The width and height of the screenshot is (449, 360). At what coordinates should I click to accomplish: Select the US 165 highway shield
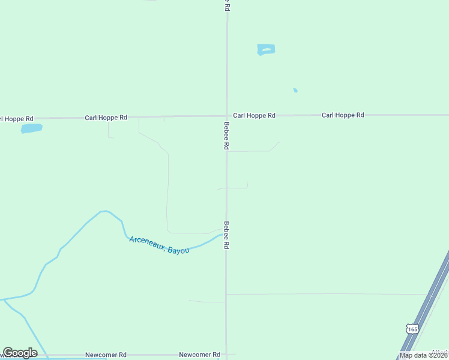(412, 329)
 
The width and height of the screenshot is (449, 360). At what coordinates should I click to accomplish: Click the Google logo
(20, 353)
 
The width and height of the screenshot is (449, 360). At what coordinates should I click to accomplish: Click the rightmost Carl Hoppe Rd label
(343, 115)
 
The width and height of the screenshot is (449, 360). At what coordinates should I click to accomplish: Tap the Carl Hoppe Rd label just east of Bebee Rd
(254, 115)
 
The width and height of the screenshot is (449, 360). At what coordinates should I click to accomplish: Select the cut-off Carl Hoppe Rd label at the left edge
(16, 118)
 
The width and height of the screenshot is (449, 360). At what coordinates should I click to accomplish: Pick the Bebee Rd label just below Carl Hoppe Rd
(226, 136)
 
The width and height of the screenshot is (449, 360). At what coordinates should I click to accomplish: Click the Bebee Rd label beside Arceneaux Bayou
(226, 235)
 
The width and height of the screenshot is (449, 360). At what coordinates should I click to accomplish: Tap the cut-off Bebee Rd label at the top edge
(226, 5)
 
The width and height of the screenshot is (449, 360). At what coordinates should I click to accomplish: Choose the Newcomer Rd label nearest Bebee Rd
(200, 355)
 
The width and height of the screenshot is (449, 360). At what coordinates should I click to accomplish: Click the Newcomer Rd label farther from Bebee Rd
(106, 355)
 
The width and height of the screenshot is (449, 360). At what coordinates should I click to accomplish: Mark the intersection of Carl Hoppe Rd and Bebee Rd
(226, 116)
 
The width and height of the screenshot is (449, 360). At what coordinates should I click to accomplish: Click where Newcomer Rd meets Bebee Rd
(226, 355)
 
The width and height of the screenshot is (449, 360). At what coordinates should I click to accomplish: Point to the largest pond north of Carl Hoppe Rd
(266, 49)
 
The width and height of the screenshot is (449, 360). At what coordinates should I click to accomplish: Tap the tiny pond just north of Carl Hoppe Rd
(295, 91)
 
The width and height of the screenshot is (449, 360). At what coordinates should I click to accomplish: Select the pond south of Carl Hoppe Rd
(32, 128)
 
